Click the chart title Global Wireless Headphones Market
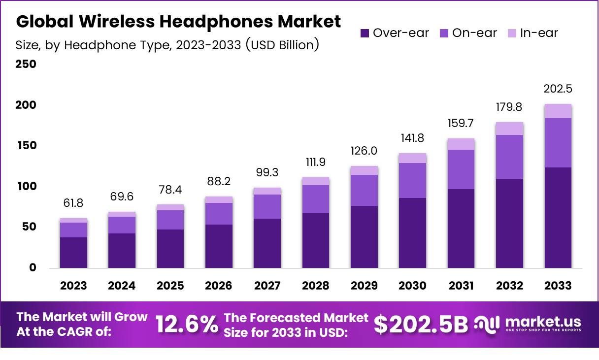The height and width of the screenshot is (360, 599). pos(178,22)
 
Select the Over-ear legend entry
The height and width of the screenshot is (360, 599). pos(395,33)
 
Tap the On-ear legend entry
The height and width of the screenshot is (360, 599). pos(468,33)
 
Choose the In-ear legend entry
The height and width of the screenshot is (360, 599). pos(533,33)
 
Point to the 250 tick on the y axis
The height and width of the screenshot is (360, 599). pos(27,65)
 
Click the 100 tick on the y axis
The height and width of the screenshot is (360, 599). pos(27,187)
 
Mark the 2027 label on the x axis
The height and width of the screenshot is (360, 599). pos(267,286)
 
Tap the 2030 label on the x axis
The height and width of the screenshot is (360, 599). pos(413,286)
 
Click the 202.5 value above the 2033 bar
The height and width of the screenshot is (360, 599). pos(558,90)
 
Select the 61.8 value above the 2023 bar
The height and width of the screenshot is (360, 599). pos(74,203)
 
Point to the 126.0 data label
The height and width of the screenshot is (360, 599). pos(364,151)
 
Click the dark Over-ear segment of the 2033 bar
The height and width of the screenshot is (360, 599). pos(558,218)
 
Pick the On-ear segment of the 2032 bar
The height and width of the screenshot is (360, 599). pos(509,157)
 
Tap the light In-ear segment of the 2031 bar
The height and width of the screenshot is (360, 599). pos(461,144)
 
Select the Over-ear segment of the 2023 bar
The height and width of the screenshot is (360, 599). pos(74,252)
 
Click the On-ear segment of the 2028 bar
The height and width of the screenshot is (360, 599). pos(316,199)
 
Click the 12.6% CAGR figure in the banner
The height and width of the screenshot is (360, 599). pos(187,325)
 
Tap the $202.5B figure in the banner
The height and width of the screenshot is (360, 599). pos(421,324)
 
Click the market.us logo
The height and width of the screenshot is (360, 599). pos(528,324)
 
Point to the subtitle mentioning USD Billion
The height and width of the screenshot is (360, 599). pos(167,45)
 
